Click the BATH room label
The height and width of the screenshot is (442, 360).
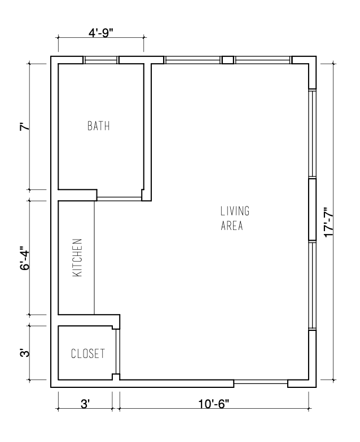98,126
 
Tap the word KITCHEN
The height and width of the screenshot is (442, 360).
78,257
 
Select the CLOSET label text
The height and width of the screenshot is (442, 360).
87,354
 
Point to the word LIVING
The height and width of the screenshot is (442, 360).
235,211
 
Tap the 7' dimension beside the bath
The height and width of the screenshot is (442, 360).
23,127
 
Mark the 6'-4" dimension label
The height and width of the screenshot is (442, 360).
23,258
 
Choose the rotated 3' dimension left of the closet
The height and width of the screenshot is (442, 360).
23,353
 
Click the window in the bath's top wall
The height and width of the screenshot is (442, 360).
101,60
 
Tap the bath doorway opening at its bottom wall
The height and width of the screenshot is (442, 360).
119,198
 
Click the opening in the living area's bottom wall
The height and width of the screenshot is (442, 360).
260,384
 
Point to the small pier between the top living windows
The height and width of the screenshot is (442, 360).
227,60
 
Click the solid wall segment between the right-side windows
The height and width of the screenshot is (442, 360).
311,210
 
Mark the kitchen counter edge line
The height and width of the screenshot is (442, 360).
94,257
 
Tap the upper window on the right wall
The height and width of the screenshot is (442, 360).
311,134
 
